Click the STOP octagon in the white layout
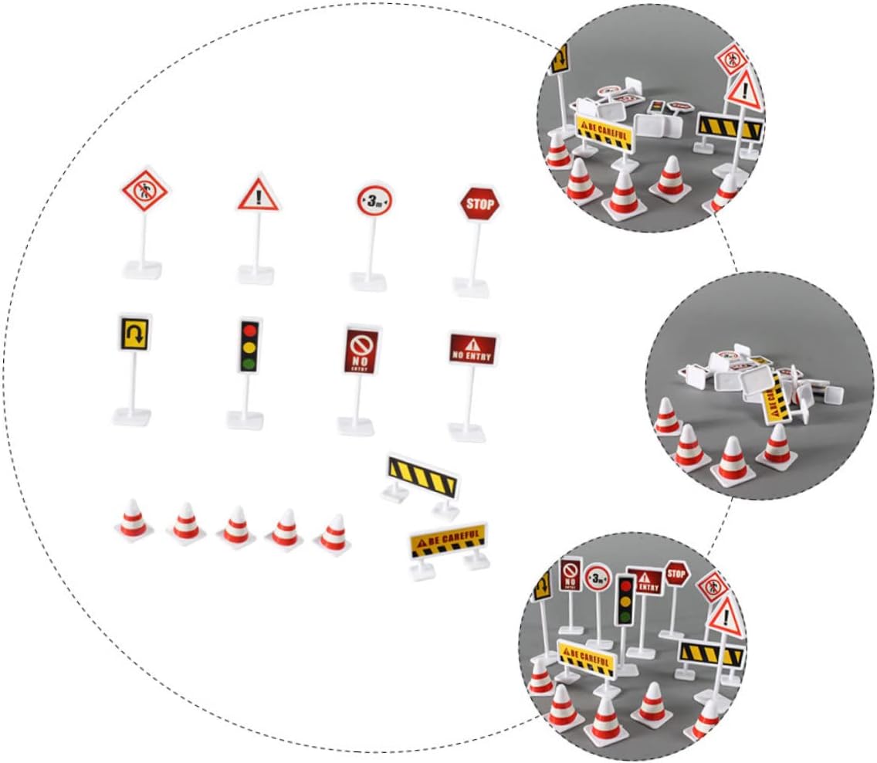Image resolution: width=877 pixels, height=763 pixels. pos(479,205)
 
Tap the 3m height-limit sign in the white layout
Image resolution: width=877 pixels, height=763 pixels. pos(374,202)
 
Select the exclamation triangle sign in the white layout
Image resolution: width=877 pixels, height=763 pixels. pos(258,195)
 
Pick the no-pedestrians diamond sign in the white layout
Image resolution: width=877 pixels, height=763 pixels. pos(144,191)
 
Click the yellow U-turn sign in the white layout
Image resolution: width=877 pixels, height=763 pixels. pos(134,333)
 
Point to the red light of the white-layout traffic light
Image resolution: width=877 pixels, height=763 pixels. pos(248,330)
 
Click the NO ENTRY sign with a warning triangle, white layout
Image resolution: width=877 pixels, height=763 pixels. pos(472,348)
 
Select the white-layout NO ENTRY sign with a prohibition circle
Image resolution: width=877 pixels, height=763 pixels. pos(361,349)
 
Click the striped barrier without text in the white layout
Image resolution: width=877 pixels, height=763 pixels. pos(422,476)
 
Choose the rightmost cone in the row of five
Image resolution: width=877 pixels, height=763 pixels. pos(334,534)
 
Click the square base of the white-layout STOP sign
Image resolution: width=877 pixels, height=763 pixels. pos(471,287)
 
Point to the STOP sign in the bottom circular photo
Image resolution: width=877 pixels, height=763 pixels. pos(676,573)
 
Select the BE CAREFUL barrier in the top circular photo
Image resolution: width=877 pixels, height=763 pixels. pos(604,132)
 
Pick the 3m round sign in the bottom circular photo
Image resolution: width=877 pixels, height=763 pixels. pos(598,577)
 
